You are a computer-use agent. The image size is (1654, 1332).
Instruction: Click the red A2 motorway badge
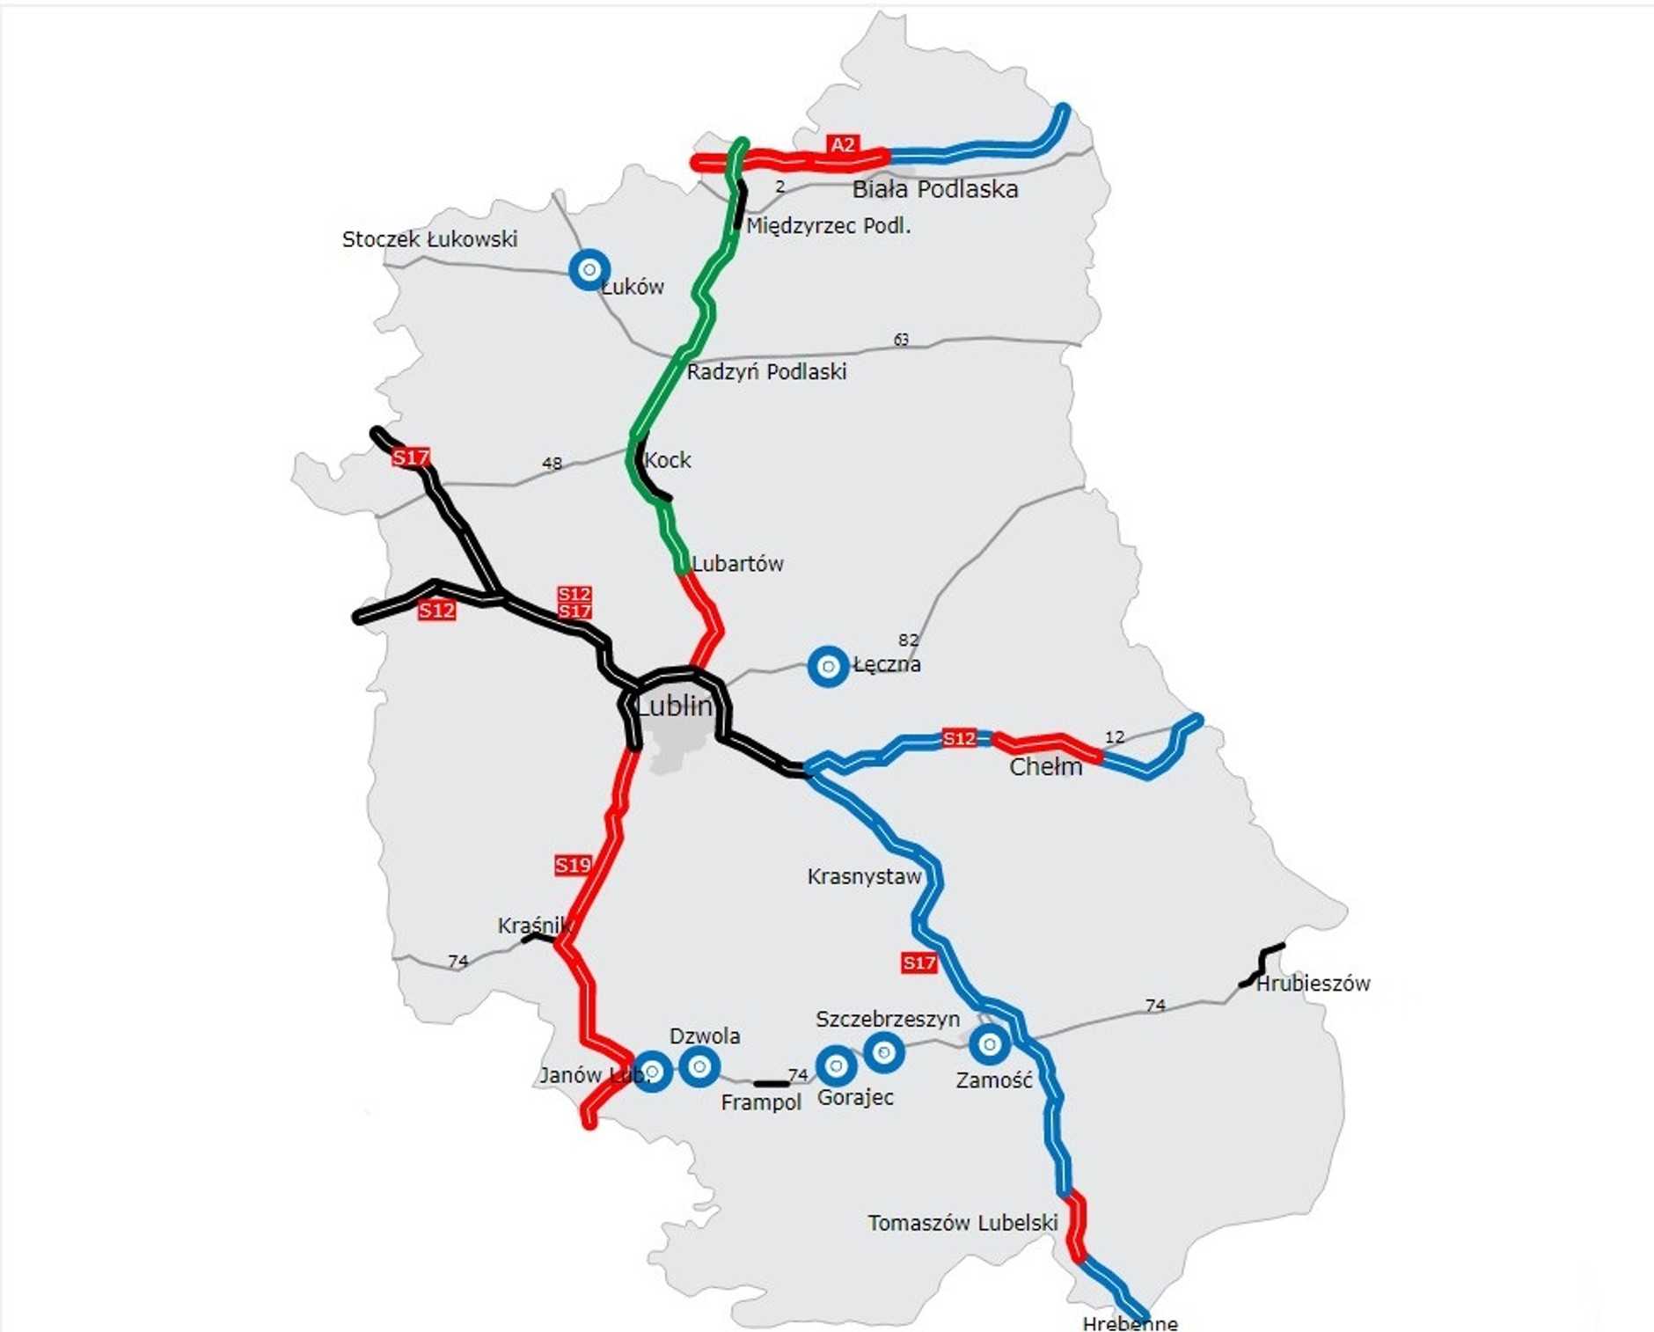842,145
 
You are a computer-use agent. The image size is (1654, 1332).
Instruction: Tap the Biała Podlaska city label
935,189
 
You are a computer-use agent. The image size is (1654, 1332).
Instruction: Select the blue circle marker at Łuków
589,269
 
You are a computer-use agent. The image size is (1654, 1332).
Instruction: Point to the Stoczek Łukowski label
429,239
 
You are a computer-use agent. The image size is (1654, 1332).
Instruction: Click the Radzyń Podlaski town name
766,372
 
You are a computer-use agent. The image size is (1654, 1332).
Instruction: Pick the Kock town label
668,460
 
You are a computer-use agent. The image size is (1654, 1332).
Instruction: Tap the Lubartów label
737,564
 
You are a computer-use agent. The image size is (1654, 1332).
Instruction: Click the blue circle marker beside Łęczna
828,667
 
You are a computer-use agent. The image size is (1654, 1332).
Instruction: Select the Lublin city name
674,706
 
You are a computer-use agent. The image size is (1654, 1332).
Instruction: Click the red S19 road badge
573,865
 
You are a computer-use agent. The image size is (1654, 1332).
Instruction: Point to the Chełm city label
1045,767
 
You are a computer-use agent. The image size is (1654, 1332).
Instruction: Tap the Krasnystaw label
864,876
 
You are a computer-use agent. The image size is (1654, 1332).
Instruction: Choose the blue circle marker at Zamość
990,1044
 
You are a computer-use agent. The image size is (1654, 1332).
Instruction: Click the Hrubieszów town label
1313,984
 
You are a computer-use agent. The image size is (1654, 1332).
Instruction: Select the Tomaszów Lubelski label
962,1223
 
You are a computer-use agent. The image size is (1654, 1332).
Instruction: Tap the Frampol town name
761,1103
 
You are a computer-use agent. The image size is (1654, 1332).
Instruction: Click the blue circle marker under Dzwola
699,1067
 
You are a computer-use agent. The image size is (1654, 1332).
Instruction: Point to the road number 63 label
901,340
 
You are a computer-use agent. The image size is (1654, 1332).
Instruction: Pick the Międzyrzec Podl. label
828,226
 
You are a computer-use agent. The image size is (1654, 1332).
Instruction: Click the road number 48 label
552,464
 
